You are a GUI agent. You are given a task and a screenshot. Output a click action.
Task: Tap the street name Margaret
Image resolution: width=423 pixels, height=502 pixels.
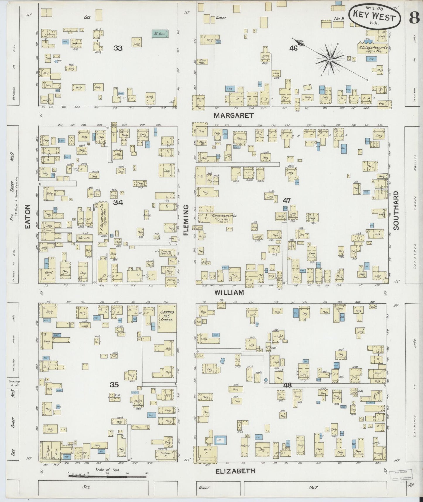coord(233,116)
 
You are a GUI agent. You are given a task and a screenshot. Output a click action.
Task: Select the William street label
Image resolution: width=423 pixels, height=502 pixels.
coord(229,292)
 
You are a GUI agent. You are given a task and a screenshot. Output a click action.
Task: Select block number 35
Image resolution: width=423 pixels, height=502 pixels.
coord(114,385)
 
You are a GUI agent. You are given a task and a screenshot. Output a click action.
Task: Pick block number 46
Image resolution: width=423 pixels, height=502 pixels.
coord(293,48)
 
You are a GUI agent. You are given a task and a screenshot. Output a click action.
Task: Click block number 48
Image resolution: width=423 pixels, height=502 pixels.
coord(287,385)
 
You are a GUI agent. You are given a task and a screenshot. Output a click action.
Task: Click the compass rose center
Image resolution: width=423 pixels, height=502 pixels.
coord(330,60)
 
